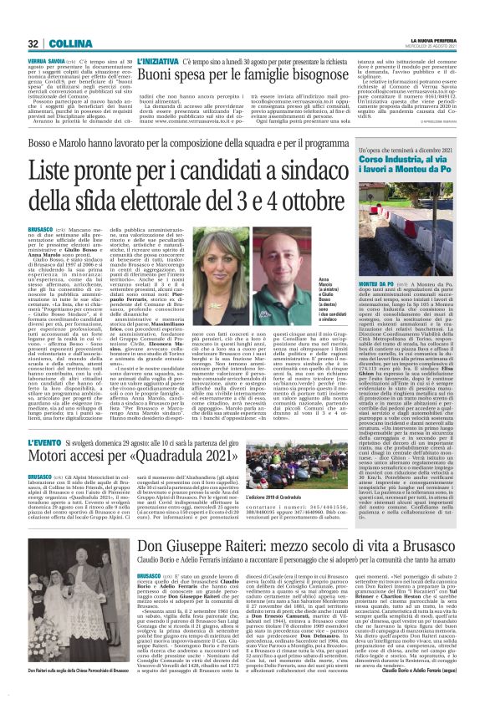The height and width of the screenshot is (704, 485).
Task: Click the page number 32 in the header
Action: pyautogui.click(x=33, y=43)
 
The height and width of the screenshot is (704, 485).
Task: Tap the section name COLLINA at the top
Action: pyautogui.click(x=64, y=43)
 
